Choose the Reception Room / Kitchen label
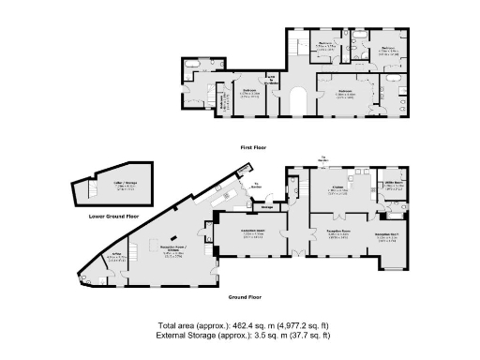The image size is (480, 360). [172, 250]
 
